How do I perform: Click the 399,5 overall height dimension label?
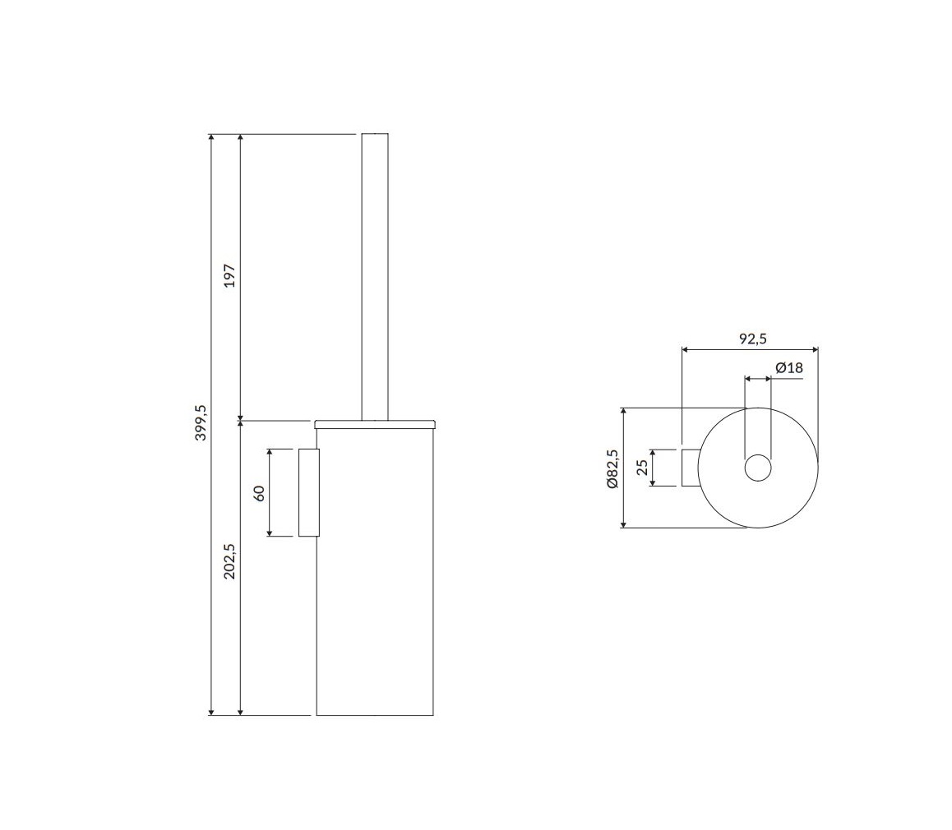tap(201, 422)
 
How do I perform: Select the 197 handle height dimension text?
tap(229, 275)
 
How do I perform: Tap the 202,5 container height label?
tap(229, 560)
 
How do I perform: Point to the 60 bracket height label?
tap(259, 493)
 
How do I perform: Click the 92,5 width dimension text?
tap(752, 339)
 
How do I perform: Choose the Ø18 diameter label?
tap(788, 367)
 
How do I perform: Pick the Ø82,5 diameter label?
tap(612, 468)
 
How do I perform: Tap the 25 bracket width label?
tap(642, 467)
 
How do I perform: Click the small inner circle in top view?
tap(758, 468)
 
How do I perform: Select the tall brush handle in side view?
tap(375, 276)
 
